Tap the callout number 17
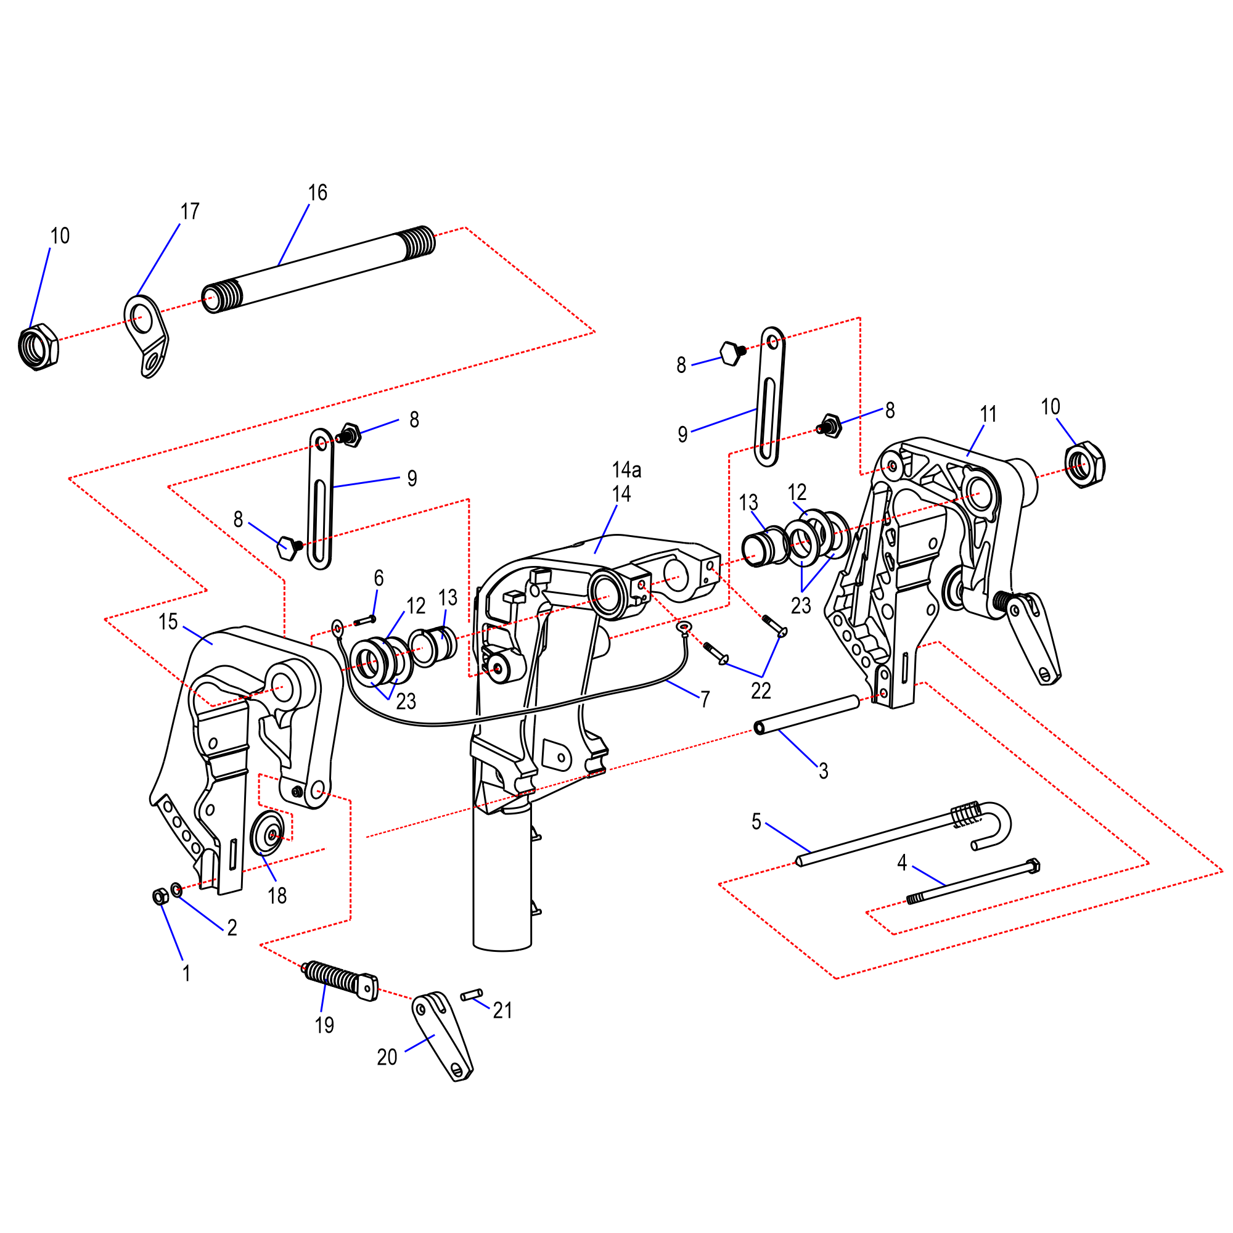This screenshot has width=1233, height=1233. [x=189, y=211]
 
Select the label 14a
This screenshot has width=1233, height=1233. [x=626, y=470]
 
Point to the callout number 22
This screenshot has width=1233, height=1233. [x=761, y=690]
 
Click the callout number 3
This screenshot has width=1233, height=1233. [x=823, y=771]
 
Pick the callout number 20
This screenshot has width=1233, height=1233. [x=387, y=1057]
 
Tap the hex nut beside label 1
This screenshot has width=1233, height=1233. [x=160, y=896]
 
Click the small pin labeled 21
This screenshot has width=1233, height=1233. [x=472, y=994]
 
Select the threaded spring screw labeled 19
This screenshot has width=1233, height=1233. [x=340, y=981]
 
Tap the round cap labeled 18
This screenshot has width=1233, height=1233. [x=268, y=834]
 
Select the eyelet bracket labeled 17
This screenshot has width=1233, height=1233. [x=146, y=337]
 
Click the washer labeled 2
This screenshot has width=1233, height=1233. [x=177, y=890]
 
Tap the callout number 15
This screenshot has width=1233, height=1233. [x=168, y=622]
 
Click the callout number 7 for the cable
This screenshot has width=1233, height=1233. [x=705, y=700]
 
